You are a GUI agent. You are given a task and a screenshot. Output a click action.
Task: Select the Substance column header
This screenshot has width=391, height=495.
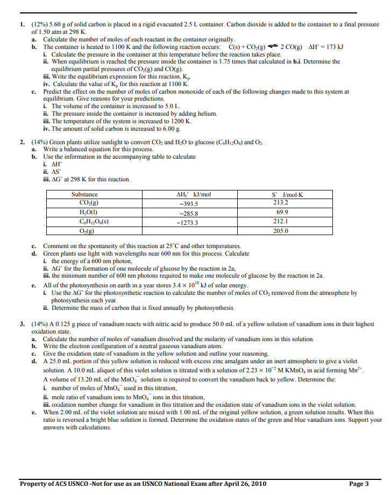coord(84,194)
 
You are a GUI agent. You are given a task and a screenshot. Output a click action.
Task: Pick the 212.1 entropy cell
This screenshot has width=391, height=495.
coord(281,221)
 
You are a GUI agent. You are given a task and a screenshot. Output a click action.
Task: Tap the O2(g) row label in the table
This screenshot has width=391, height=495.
coord(84,231)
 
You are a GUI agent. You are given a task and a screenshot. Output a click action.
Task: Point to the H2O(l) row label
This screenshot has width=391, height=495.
coord(84,213)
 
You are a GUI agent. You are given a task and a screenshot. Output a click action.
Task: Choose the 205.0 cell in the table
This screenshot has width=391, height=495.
coord(281,230)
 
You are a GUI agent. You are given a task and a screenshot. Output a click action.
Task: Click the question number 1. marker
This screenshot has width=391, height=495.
coord(22,25)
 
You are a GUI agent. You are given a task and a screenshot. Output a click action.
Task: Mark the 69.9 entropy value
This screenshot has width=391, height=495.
coord(281,213)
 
